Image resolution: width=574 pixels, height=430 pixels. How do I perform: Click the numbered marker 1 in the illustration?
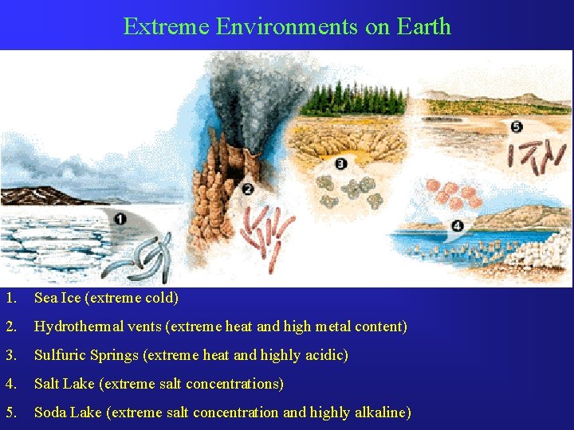pos(120,218)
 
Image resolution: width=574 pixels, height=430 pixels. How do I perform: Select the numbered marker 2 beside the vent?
pos(247,190)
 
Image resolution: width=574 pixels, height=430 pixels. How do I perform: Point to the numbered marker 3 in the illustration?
pos(341,164)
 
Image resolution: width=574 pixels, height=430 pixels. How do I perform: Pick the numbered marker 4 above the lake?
pos(456,225)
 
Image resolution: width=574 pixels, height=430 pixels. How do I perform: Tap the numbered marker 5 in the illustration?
pos(517,127)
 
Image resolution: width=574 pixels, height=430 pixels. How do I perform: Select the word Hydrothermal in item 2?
pos(77,326)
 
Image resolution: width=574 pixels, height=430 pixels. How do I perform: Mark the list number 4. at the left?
pos(10,384)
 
